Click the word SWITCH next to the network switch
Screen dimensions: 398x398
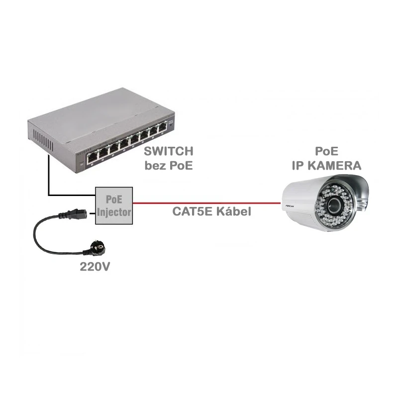pyautogui.click(x=168, y=150)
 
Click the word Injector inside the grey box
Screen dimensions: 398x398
pyautogui.click(x=115, y=212)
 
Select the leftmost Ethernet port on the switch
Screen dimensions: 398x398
pyautogui.click(x=93, y=157)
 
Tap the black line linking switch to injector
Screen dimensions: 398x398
pyautogui.click(x=49, y=179)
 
